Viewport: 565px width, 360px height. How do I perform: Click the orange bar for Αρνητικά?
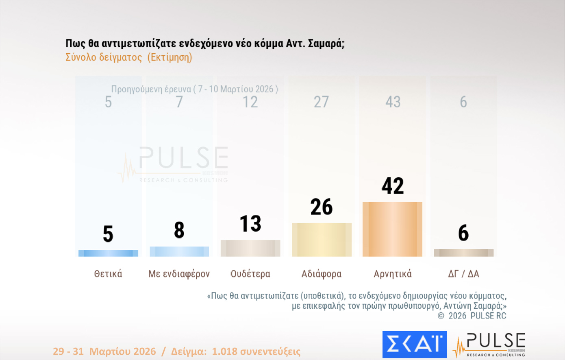pos(392,229)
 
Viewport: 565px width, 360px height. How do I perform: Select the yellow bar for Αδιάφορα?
pos(322,240)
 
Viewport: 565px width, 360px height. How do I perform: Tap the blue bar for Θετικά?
pos(108,253)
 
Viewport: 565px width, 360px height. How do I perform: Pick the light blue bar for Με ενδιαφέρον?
pos(179,251)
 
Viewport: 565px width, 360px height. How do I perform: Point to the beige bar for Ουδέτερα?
pos(250,248)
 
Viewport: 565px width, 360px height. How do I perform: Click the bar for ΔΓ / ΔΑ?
pos(463,253)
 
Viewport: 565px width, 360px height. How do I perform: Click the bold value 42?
pos(393,186)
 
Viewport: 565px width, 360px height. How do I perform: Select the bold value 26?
pos(322,207)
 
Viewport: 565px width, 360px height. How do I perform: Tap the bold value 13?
pos(250,224)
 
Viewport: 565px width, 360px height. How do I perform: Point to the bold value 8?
pos(179,230)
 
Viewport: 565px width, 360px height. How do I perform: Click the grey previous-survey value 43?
pos(393,102)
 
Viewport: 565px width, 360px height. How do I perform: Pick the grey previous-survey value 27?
pos(321,102)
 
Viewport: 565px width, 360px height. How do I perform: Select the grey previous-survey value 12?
pos(250,102)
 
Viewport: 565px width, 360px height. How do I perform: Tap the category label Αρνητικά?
pos(393,274)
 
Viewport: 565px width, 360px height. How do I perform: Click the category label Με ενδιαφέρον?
pos(179,274)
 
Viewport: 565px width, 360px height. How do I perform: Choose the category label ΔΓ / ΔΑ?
pos(463,274)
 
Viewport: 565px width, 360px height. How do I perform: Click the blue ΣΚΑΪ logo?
pos(414,344)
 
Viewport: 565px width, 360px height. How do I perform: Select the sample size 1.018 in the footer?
pos(224,351)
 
